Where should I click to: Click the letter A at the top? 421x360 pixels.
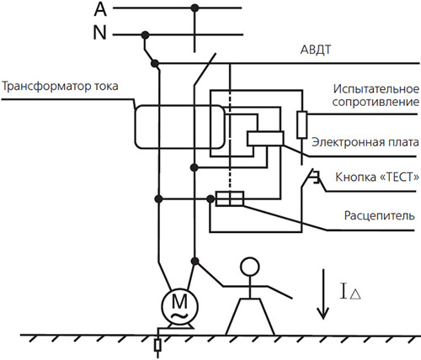[99, 10]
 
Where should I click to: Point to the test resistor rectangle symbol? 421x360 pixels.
[301, 124]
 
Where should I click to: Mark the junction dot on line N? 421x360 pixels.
[146, 35]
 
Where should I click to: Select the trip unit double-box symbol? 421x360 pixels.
[229, 199]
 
